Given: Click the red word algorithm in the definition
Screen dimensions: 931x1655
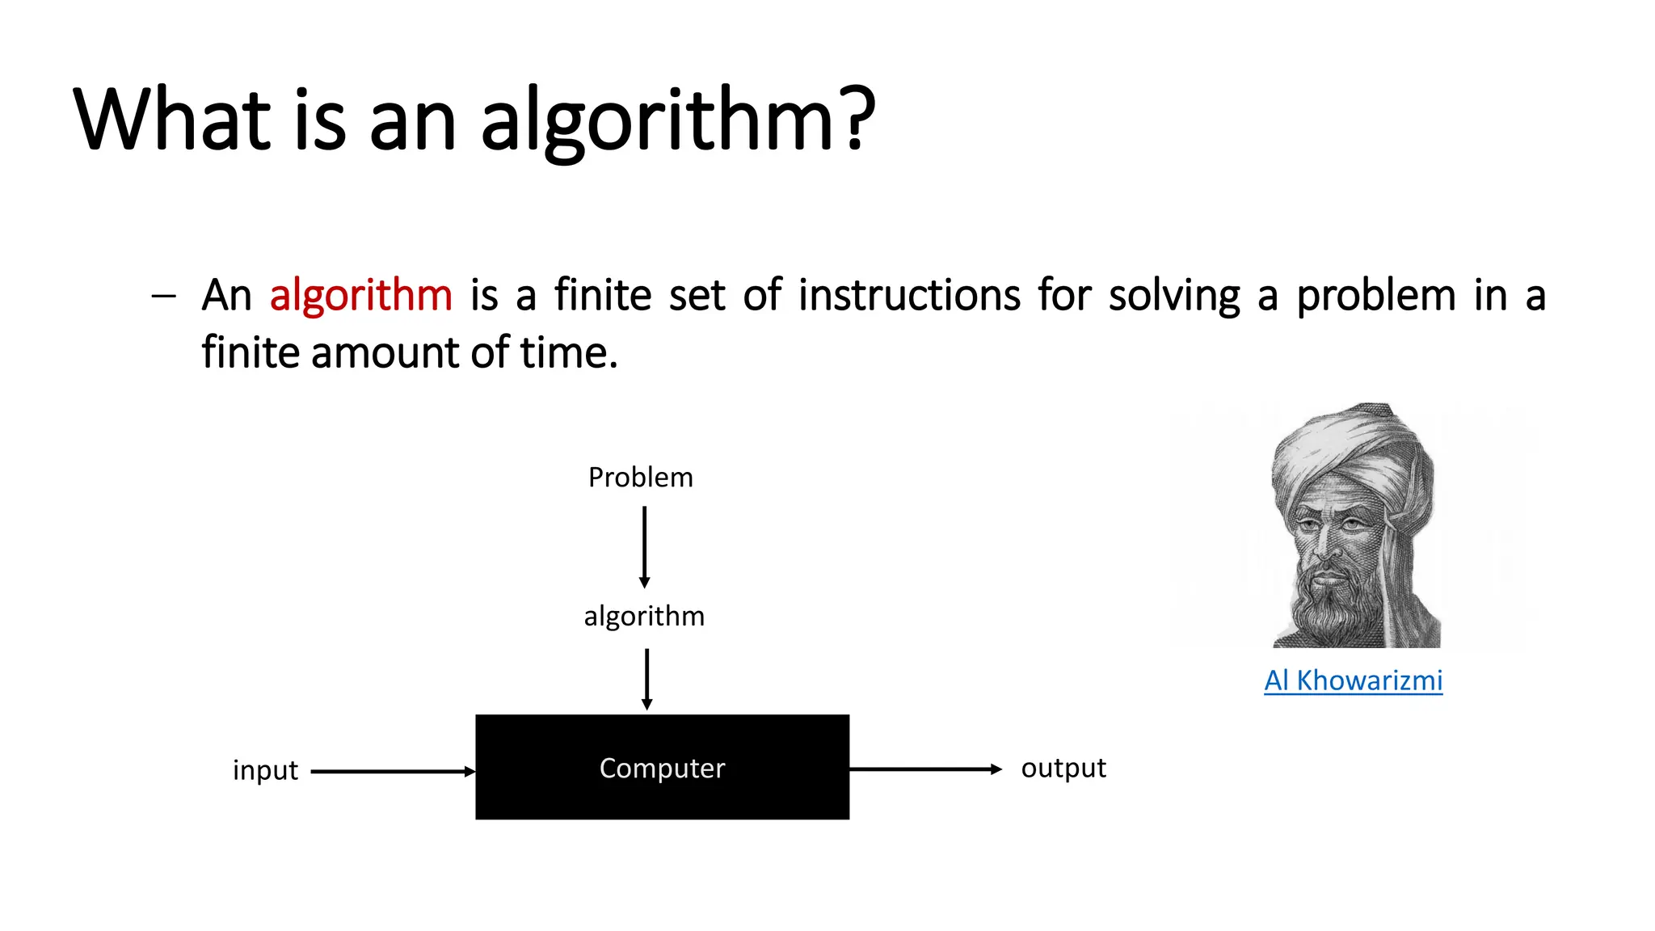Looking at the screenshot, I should [x=360, y=295].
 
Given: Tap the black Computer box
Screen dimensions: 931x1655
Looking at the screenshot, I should [x=662, y=767].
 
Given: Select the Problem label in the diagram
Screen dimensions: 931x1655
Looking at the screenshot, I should [x=640, y=478].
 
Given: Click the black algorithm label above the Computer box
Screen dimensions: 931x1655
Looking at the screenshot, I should [x=644, y=617].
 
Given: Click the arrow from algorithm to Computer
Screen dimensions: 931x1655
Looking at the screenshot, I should [x=646, y=679].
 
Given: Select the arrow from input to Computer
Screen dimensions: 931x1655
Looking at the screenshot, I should [x=393, y=772].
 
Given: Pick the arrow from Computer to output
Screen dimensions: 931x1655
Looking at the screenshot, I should [x=925, y=769].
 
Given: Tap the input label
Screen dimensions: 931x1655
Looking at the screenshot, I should [x=265, y=770].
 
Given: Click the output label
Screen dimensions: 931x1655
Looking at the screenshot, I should [x=1063, y=768].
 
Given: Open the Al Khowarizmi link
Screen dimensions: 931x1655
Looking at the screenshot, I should [x=1353, y=680].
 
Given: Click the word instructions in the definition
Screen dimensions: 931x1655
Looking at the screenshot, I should [x=909, y=295].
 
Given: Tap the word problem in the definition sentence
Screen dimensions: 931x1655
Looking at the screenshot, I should [x=1375, y=297].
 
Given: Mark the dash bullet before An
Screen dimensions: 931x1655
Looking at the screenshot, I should [x=163, y=297].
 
